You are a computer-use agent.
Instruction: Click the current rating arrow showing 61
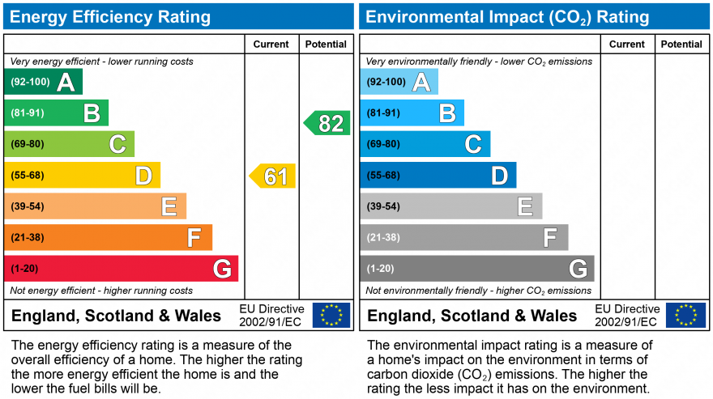click(273, 176)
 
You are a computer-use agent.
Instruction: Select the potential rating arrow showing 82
click(327, 123)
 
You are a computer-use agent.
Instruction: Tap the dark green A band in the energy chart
click(44, 82)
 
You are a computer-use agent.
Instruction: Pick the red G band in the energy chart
click(122, 269)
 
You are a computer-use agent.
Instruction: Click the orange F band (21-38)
click(109, 237)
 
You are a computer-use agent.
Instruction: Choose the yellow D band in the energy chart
click(83, 176)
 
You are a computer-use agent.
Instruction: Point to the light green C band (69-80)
click(70, 144)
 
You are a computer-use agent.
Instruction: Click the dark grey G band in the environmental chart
click(478, 269)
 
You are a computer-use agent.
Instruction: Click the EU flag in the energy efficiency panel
click(331, 315)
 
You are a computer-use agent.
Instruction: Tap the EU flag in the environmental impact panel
click(685, 315)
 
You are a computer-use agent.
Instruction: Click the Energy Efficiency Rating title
click(111, 17)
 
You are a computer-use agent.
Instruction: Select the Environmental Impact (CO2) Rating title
click(508, 17)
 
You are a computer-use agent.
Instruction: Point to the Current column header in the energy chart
click(271, 45)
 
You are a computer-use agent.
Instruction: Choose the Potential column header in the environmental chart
click(681, 45)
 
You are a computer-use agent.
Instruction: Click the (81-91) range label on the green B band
click(27, 113)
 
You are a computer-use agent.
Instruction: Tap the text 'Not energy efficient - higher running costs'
click(101, 291)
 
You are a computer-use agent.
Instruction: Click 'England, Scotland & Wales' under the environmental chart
click(472, 316)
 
